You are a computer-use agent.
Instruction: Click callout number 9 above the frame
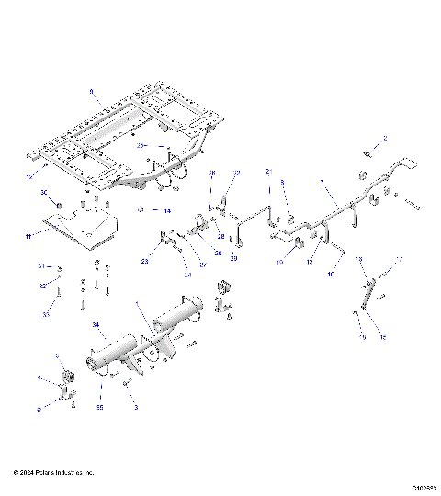point(91,90)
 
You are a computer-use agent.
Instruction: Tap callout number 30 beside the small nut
point(43,192)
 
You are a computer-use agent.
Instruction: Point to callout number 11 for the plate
point(29,236)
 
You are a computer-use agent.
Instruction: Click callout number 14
point(167,210)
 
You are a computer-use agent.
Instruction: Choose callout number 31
point(40,265)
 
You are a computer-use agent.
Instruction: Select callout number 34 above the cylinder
point(96,325)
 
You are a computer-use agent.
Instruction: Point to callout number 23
point(145,262)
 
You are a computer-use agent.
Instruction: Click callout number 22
point(236,173)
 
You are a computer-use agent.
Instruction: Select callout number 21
point(269,172)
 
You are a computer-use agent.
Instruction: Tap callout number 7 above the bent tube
point(322,184)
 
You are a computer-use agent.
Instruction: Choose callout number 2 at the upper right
point(385,138)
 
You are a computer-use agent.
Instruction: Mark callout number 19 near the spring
point(363,338)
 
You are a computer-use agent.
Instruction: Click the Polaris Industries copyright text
point(54,472)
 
